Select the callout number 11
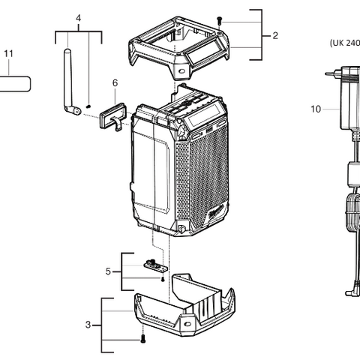[8, 54]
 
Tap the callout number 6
[115, 82]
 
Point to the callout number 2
[275, 35]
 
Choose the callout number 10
[315, 109]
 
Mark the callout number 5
[108, 271]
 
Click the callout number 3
[88, 325]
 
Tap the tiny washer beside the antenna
[88, 106]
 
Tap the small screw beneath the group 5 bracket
[161, 279]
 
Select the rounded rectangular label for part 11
[13, 82]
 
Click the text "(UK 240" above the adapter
[344, 43]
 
